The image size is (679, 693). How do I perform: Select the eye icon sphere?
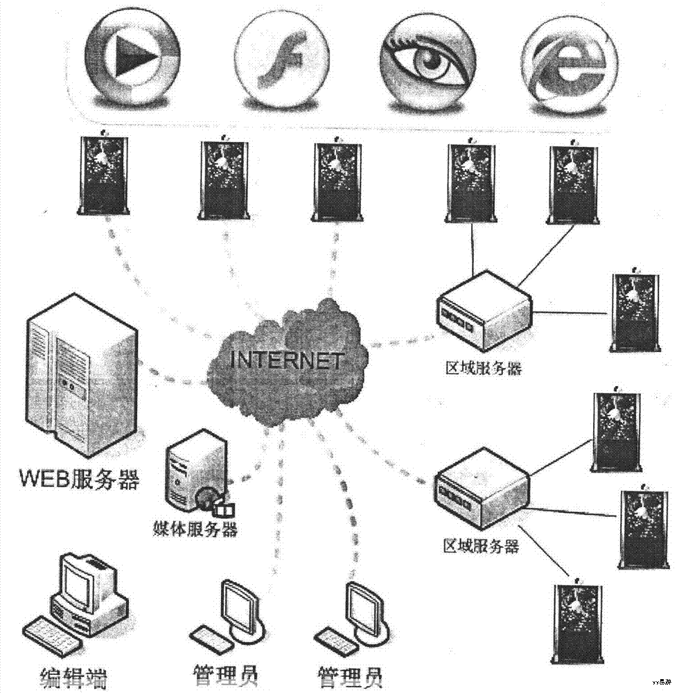click(429, 60)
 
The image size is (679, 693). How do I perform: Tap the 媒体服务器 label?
click(195, 530)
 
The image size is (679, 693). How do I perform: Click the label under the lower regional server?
click(481, 546)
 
